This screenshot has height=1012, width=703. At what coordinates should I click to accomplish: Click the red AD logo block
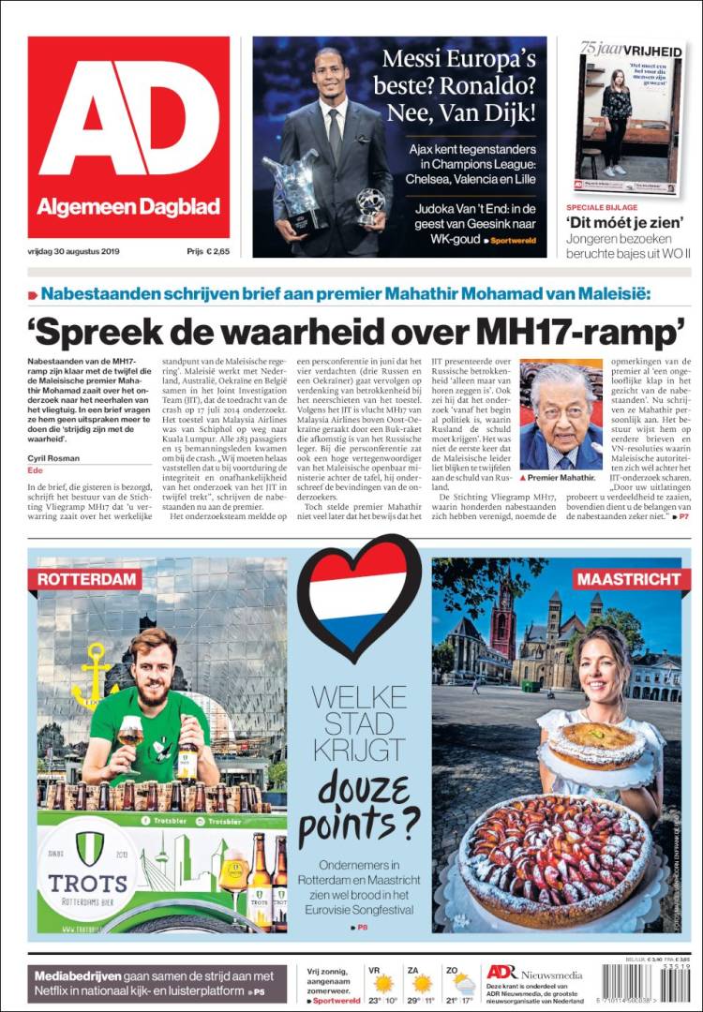(x=128, y=137)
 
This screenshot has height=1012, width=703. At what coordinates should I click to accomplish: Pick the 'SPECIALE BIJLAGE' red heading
(x=602, y=206)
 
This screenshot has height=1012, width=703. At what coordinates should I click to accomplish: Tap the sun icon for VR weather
(x=383, y=983)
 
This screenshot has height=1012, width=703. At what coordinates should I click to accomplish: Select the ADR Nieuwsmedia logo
(x=534, y=972)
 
